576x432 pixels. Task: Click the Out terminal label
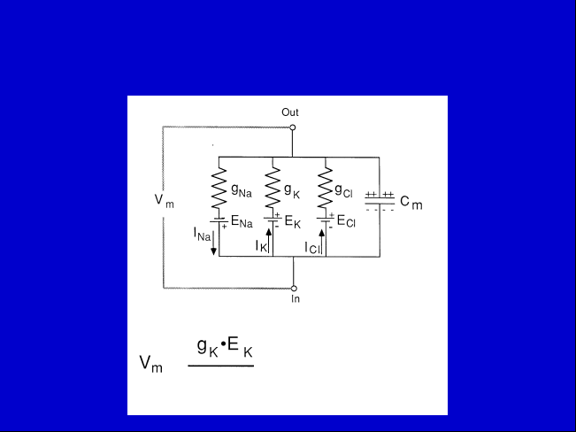pyautogui.click(x=290, y=112)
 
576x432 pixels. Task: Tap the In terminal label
pyautogui.click(x=296, y=299)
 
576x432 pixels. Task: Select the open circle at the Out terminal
pyautogui.click(x=292, y=127)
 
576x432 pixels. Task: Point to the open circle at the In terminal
pyautogui.click(x=294, y=289)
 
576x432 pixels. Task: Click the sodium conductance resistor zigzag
pyautogui.click(x=219, y=188)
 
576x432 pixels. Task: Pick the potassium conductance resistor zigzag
pyautogui.click(x=273, y=188)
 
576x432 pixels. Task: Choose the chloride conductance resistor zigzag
pyautogui.click(x=326, y=188)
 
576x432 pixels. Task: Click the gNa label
pyautogui.click(x=242, y=190)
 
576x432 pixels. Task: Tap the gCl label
pyautogui.click(x=343, y=190)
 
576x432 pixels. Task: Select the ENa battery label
pyautogui.click(x=242, y=222)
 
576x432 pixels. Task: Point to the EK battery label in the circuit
pyautogui.click(x=292, y=222)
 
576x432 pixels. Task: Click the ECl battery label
pyautogui.click(x=346, y=221)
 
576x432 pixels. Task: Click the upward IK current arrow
pyautogui.click(x=269, y=241)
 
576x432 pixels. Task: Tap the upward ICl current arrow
pyautogui.click(x=322, y=242)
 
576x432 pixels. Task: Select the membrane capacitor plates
pyautogui.click(x=380, y=201)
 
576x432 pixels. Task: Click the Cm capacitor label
pyautogui.click(x=411, y=203)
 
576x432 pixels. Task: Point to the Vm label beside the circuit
pyautogui.click(x=164, y=201)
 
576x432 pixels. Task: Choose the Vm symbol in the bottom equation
pyautogui.click(x=150, y=364)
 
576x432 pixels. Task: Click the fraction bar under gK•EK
pyautogui.click(x=221, y=366)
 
